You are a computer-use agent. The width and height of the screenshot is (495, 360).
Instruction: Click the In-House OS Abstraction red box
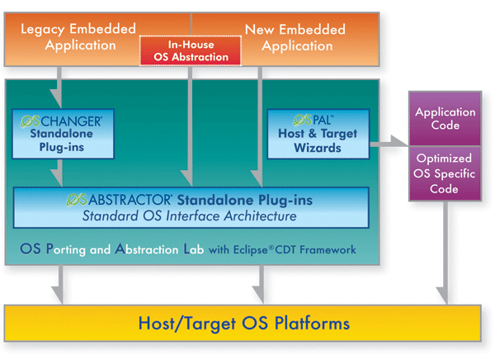191,50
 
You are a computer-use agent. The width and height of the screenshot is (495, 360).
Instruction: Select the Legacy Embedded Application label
79,37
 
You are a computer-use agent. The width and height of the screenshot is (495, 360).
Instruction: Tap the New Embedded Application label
296,38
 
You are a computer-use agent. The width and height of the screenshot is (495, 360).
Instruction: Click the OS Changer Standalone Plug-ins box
63,134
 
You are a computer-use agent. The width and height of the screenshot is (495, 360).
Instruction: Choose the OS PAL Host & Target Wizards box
318,134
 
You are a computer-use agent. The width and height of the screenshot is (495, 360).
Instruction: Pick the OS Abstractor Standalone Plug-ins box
191,207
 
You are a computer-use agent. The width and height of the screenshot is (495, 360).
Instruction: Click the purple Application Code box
445,119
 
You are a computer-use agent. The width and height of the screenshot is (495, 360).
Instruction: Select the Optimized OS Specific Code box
445,173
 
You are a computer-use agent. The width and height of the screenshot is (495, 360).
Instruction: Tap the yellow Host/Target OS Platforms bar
243,323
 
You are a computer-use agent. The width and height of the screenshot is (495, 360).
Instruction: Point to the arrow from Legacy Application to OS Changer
58,88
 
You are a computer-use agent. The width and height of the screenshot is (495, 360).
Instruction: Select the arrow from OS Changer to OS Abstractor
59,173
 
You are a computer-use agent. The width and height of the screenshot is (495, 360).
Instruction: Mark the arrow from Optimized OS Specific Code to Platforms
445,253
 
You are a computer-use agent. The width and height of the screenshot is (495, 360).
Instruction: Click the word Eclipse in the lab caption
250,250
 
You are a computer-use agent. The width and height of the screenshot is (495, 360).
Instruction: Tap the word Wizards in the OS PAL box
318,148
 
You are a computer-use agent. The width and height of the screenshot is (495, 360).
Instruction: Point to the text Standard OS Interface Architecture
190,216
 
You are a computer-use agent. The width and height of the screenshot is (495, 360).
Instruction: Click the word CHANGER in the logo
71,121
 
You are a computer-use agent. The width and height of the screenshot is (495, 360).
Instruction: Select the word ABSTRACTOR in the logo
130,200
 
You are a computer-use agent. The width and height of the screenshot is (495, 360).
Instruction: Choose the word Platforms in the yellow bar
312,324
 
